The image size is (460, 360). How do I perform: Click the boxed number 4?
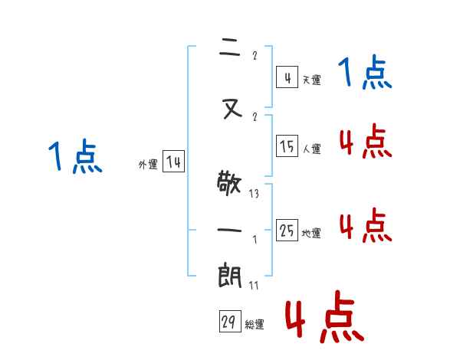coord(286,77)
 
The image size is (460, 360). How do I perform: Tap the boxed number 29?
coord(229,322)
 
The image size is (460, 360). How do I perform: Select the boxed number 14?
coord(173,162)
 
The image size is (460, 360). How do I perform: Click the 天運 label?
coord(310,80)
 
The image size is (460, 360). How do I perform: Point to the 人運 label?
coord(312,149)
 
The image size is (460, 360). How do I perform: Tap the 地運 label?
coord(311,233)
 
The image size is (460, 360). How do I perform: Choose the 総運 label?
coord(254,325)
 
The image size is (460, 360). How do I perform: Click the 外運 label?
coord(148,164)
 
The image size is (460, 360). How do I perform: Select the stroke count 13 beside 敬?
coord(254,194)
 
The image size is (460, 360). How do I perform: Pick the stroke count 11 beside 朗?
coord(254,286)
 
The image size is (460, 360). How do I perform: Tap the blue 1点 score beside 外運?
coord(74,156)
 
